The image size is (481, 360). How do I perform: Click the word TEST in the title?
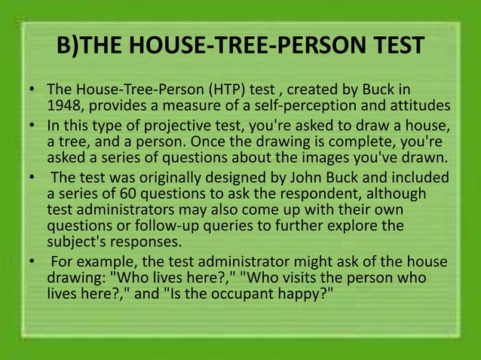click(x=386, y=47)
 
